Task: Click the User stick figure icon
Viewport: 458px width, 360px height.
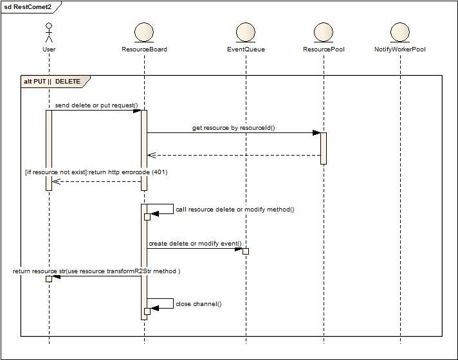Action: (x=49, y=32)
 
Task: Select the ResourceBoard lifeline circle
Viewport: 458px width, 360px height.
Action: (x=144, y=32)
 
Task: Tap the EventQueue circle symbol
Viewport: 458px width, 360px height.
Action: (x=246, y=32)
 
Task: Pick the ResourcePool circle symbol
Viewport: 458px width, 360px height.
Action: (x=324, y=32)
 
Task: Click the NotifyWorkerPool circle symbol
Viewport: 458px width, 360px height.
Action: (x=400, y=32)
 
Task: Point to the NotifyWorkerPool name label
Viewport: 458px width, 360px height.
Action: (x=400, y=50)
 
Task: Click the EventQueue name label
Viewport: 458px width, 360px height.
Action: (x=246, y=50)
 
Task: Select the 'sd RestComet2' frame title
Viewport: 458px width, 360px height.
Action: (x=28, y=7)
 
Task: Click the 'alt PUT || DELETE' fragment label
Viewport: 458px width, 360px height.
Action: (x=52, y=82)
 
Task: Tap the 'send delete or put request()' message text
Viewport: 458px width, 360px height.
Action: (x=101, y=105)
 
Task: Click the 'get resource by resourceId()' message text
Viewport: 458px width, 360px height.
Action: (x=234, y=128)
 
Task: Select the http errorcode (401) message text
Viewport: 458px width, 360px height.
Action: (x=96, y=172)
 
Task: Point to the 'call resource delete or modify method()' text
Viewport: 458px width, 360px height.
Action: (x=235, y=210)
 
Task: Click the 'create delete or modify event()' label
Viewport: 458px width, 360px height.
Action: (x=195, y=244)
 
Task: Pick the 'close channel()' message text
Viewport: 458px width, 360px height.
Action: (x=198, y=304)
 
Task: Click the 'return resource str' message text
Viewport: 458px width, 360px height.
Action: (x=96, y=271)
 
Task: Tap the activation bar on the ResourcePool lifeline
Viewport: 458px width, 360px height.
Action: (x=324, y=148)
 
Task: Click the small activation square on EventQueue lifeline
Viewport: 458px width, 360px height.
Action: (x=245, y=251)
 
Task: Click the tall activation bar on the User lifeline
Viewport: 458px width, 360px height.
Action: (x=49, y=150)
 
